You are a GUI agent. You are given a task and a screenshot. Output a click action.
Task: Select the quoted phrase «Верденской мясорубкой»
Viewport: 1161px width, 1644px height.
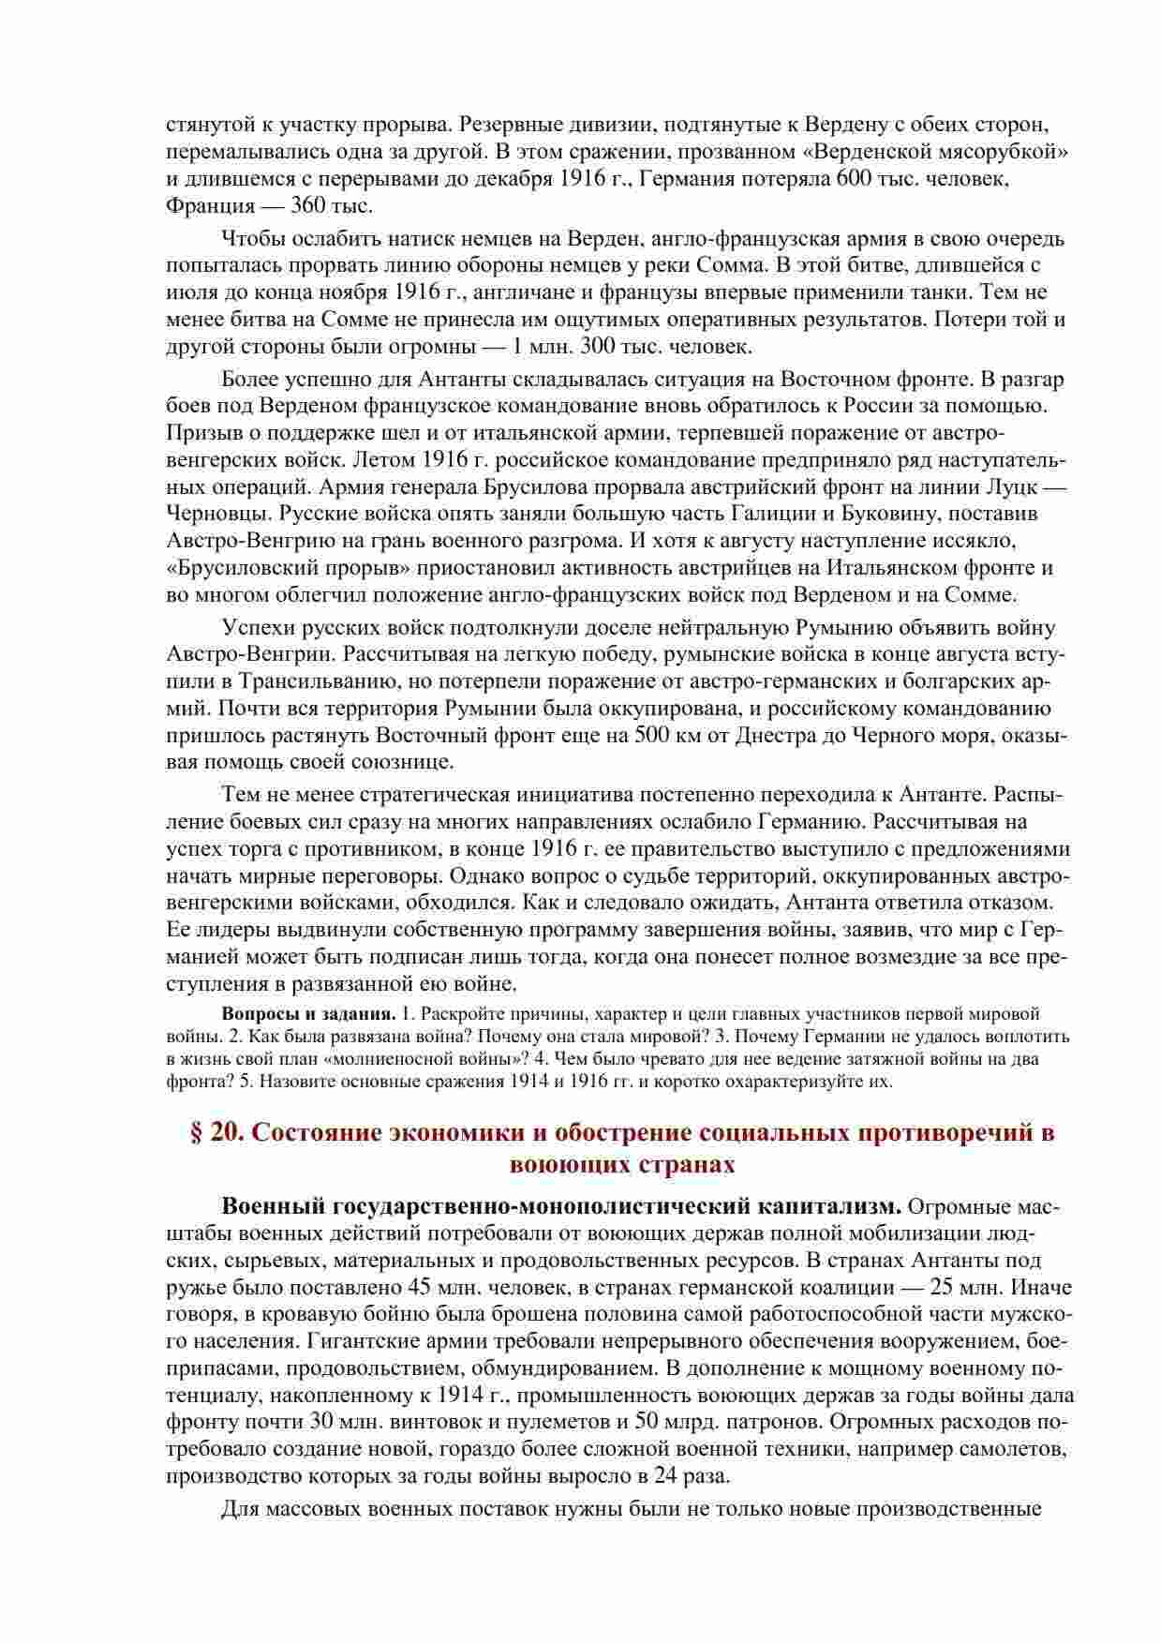click(952, 151)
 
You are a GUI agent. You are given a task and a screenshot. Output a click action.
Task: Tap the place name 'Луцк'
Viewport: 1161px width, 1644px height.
click(1012, 487)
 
